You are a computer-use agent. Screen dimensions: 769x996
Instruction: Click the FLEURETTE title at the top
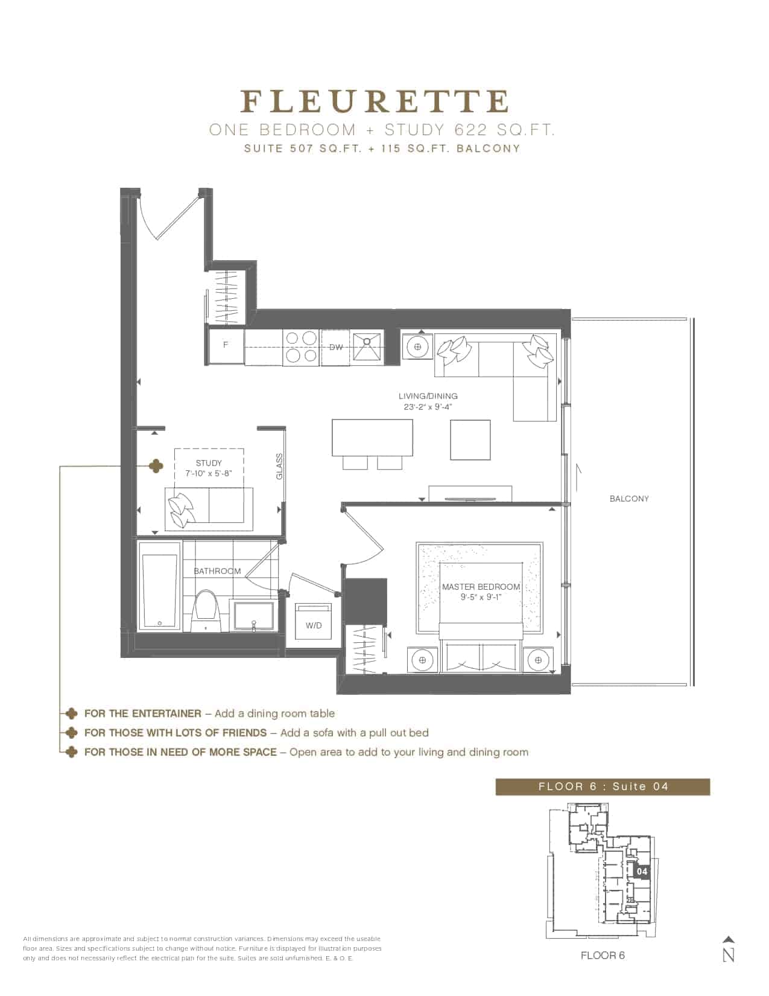coord(375,101)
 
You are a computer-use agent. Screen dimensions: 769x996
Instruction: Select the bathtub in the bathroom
coord(159,590)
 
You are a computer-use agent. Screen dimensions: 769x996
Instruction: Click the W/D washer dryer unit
coord(313,622)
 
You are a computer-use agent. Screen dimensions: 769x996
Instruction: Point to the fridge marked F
coord(226,346)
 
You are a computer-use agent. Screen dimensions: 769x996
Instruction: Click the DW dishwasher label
coord(336,348)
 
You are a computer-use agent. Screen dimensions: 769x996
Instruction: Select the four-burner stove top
coord(300,347)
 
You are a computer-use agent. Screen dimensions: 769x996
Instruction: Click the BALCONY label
coord(629,499)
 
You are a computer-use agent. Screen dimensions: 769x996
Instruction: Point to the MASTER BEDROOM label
coord(481,587)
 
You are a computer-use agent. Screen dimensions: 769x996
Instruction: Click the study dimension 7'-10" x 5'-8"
coord(209,473)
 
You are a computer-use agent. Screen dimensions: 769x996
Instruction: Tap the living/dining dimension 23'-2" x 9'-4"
coord(428,407)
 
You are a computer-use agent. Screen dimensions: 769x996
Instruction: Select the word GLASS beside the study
coord(279,467)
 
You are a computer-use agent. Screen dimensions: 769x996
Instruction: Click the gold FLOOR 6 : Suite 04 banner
coord(603,787)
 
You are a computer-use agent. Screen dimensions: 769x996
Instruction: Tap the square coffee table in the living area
coord(470,440)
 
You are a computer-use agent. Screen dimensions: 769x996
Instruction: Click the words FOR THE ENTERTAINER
coord(143,713)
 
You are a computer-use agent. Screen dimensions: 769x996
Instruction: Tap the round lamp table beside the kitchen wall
coord(417,346)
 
